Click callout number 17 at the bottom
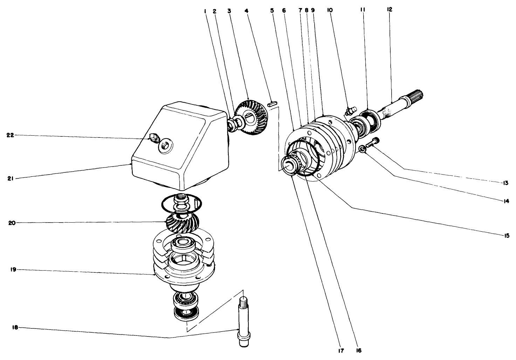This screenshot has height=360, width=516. tap(341, 350)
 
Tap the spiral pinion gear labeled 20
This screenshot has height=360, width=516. tap(182, 223)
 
